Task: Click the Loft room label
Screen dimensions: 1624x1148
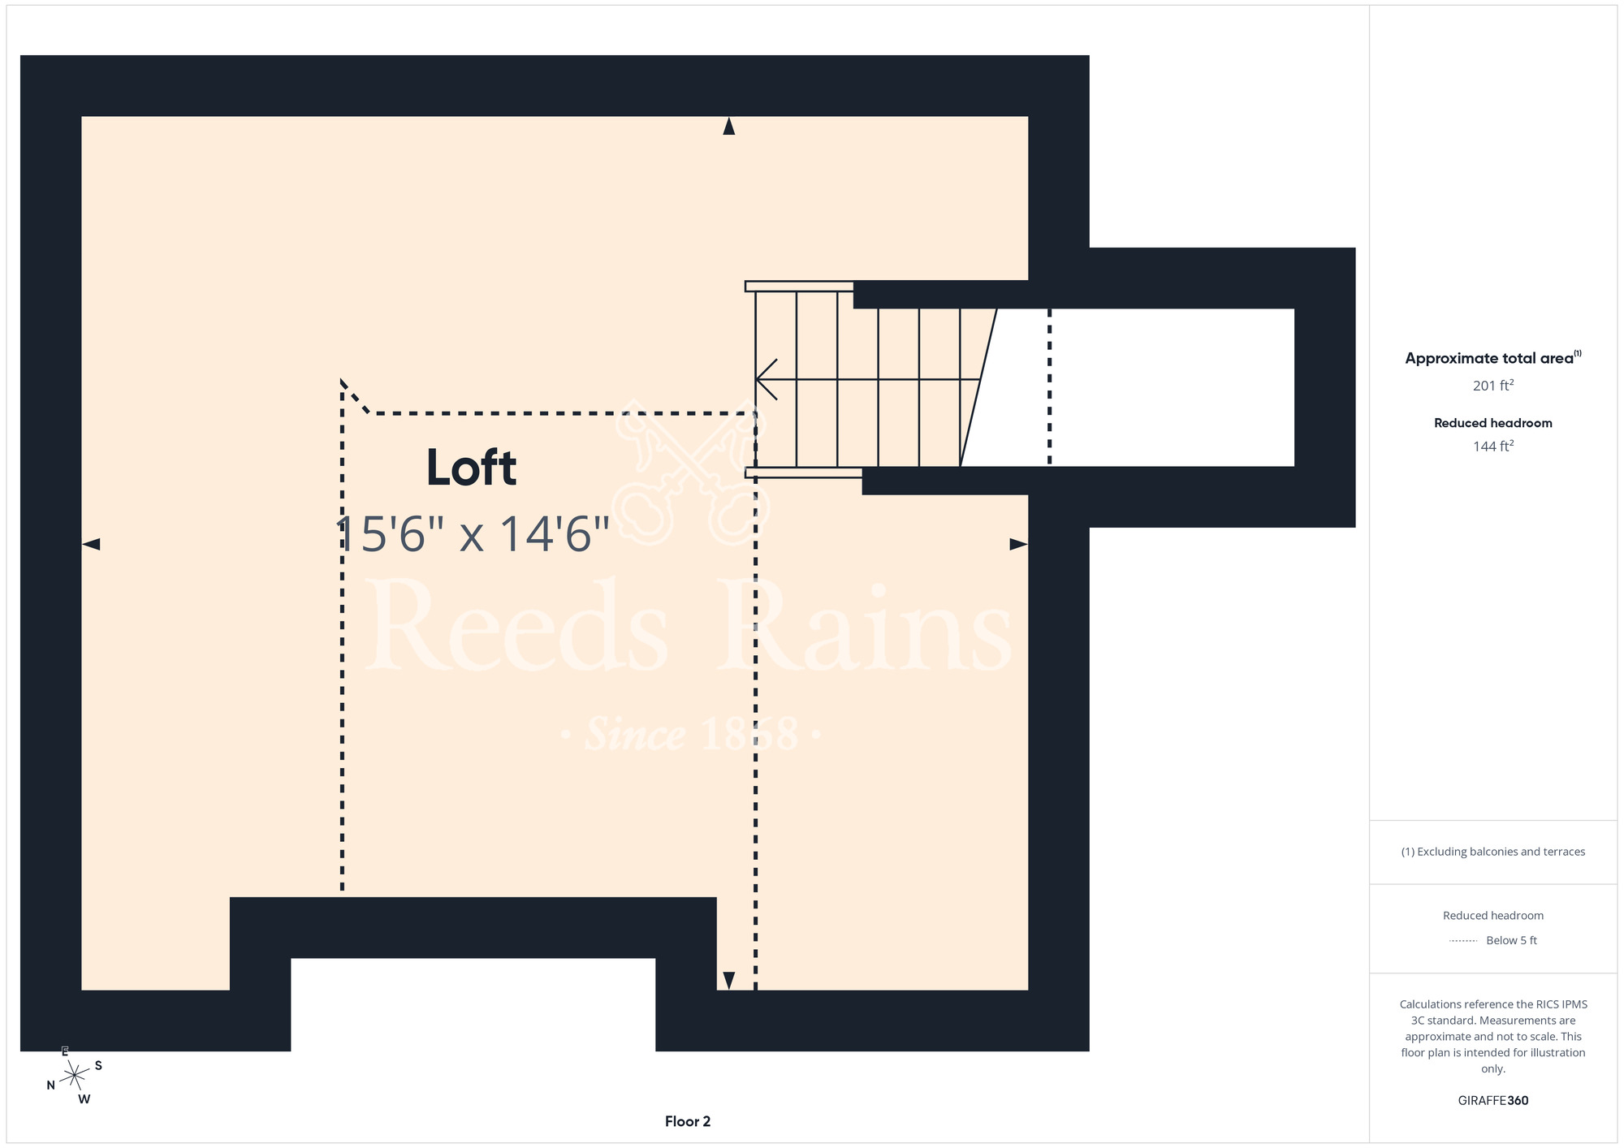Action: (471, 468)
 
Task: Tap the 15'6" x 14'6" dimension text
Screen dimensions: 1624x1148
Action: (473, 534)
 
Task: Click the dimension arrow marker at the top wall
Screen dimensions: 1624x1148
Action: (729, 126)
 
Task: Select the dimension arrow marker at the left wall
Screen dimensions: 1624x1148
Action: (91, 544)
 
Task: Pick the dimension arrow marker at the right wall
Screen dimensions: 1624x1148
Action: (1018, 544)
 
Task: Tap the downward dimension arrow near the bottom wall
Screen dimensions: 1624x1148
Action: (729, 981)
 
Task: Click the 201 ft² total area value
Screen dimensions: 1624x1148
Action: (1493, 385)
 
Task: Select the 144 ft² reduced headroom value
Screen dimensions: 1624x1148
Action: (1493, 446)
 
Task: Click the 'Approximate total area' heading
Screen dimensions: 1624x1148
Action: (1493, 358)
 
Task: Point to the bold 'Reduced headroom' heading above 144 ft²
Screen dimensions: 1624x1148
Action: (1493, 423)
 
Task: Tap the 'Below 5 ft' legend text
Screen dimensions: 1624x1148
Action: (1511, 940)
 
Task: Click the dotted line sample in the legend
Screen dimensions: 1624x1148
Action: (1463, 941)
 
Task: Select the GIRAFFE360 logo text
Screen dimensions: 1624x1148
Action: (1493, 1101)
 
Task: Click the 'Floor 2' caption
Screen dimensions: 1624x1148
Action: (688, 1121)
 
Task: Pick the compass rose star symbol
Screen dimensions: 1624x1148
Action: (74, 1076)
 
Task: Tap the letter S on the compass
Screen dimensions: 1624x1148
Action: (98, 1065)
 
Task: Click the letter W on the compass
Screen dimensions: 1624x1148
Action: (84, 1099)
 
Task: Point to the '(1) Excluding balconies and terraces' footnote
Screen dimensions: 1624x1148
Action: (1493, 852)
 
